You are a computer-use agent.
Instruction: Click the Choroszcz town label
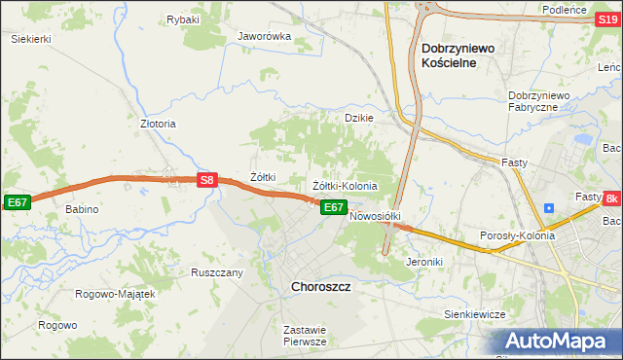tap(321, 287)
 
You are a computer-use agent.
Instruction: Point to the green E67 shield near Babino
tap(17, 201)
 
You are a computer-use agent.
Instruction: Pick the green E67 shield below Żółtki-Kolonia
tap(333, 207)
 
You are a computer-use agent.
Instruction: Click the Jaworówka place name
tap(265, 37)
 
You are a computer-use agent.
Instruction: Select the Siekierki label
tap(30, 39)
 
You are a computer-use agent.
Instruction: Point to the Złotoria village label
tap(158, 125)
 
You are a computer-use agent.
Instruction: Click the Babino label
tap(83, 209)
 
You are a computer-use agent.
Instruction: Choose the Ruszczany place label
tap(216, 272)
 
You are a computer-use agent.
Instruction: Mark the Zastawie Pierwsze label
tap(304, 336)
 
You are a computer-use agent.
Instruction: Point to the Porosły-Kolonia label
tap(517, 235)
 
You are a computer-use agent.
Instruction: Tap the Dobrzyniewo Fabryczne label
tap(544, 101)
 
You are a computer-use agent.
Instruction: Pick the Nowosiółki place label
tap(376, 215)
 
